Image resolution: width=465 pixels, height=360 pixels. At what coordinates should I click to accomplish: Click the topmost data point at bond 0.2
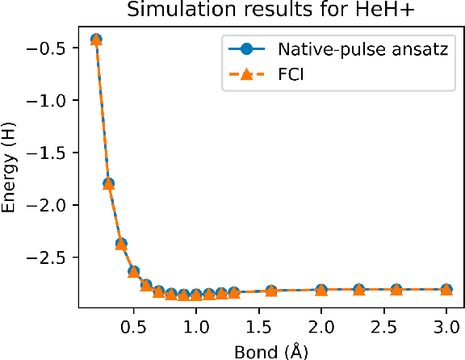[x=96, y=40]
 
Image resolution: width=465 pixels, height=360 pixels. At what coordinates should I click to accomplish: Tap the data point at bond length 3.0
[x=446, y=289]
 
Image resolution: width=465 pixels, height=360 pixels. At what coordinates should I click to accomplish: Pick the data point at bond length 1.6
[x=271, y=291]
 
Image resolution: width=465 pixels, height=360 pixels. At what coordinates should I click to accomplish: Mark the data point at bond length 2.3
[x=358, y=289]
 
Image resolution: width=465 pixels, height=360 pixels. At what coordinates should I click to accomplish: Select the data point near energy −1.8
[x=108, y=184]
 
